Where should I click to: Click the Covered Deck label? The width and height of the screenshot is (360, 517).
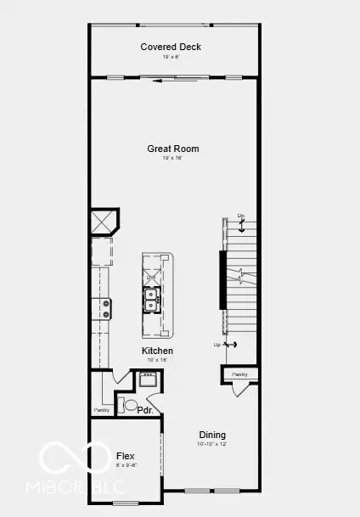[x=171, y=47]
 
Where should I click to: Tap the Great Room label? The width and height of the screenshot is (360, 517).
[x=173, y=149]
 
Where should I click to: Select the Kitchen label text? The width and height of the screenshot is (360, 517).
[x=157, y=351]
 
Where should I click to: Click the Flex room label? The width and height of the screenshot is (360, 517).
[x=125, y=456]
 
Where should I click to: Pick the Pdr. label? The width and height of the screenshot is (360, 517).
[x=145, y=409]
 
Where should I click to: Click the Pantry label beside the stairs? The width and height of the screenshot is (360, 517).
[x=239, y=374]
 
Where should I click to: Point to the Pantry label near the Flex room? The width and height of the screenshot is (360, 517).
[x=102, y=411]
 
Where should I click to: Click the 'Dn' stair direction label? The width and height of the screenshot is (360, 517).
[x=241, y=216]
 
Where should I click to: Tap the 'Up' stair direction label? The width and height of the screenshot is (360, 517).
[x=217, y=345]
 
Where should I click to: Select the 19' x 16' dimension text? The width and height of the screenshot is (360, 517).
[x=173, y=158]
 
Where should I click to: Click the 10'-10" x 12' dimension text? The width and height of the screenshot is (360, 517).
[x=212, y=443]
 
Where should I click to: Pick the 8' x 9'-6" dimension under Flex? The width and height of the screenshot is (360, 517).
[x=126, y=465]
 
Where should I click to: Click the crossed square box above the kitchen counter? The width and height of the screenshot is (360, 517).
[x=104, y=222]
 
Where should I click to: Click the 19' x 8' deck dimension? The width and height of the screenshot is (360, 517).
[x=171, y=56]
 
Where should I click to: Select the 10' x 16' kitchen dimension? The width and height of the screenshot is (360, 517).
[x=157, y=360]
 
